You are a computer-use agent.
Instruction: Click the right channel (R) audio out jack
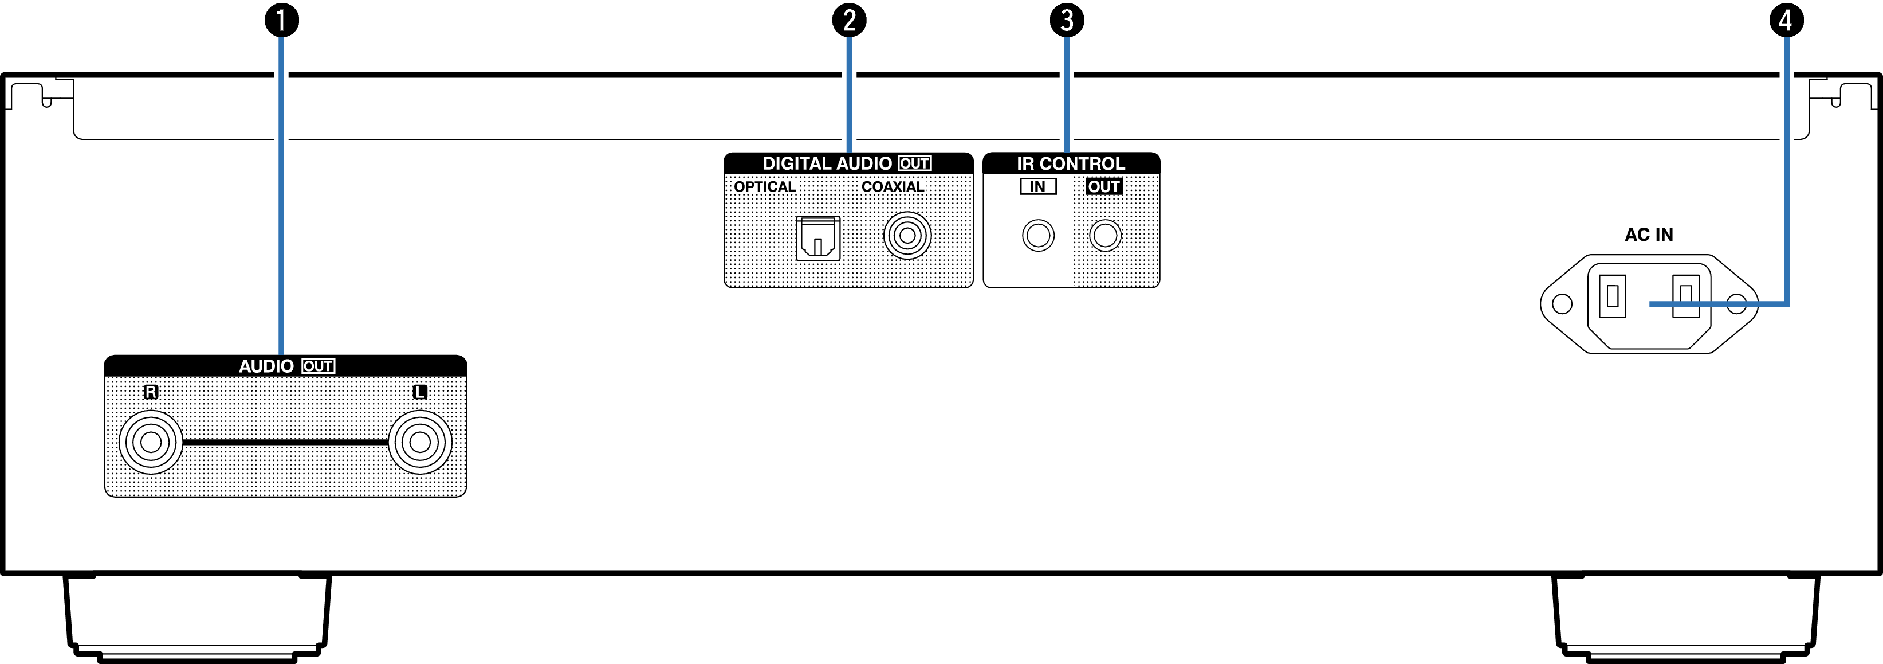pyautogui.click(x=151, y=442)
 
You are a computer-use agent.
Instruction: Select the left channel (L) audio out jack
pyautogui.click(x=419, y=442)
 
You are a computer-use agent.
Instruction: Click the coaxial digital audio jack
pyautogui.click(x=907, y=236)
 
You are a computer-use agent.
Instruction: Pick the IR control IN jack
pyautogui.click(x=1038, y=236)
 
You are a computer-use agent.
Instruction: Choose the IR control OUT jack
pyautogui.click(x=1104, y=236)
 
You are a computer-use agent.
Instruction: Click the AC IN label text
pyautogui.click(x=1648, y=235)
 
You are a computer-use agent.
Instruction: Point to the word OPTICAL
pyautogui.click(x=765, y=186)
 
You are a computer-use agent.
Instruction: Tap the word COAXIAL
pyautogui.click(x=893, y=186)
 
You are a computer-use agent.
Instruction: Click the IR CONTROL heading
pyautogui.click(x=1071, y=164)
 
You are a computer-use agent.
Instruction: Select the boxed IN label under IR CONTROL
pyautogui.click(x=1038, y=186)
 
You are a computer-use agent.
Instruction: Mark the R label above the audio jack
pyautogui.click(x=151, y=392)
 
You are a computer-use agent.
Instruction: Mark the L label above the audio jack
pyautogui.click(x=419, y=392)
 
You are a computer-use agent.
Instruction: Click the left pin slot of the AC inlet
pyautogui.click(x=1612, y=296)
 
